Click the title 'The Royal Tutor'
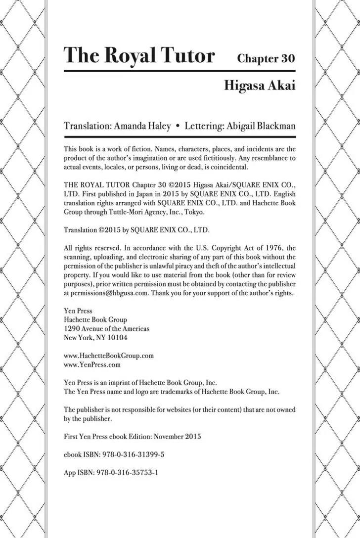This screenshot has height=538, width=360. (139, 55)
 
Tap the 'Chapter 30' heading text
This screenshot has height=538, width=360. (266, 58)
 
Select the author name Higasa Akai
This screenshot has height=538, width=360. (260, 85)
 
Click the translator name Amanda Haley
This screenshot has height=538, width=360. (143, 126)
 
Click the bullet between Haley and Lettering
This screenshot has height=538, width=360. (178, 126)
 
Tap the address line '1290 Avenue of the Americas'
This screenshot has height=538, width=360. (107, 328)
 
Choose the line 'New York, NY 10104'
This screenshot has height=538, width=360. (96, 338)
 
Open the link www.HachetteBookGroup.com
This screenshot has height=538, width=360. (109, 356)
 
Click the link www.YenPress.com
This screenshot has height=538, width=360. (92, 365)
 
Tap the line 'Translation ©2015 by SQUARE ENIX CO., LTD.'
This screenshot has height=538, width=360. (137, 230)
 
